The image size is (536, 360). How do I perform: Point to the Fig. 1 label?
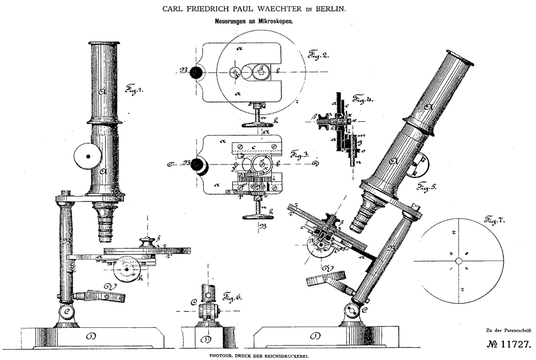pyautogui.click(x=133, y=88)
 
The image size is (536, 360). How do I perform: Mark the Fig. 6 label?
pyautogui.click(x=233, y=298)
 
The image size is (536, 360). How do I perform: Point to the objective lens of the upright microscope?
pyautogui.click(x=105, y=224)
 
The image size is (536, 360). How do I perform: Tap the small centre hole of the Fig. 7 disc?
pyautogui.click(x=458, y=261)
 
